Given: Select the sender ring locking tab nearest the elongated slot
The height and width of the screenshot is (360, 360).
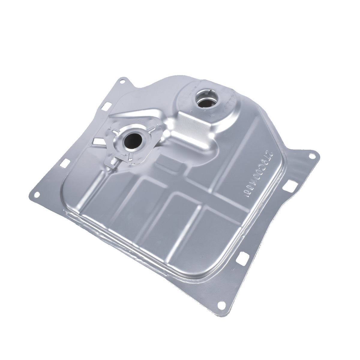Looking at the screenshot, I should [x=114, y=131].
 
